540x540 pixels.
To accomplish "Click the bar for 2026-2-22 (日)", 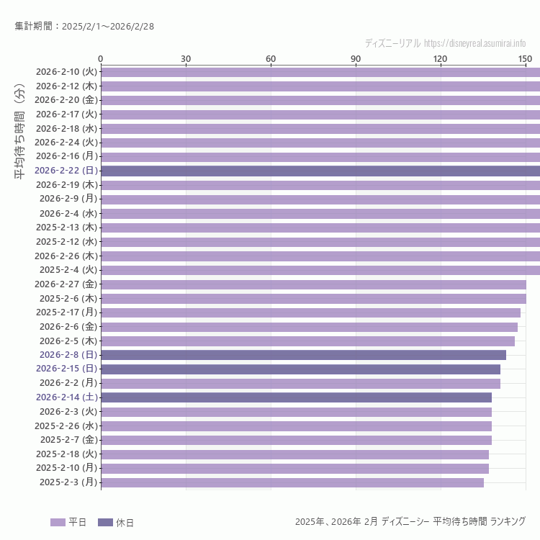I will coord(320,171).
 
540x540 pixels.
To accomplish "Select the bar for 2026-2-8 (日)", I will coord(303,354).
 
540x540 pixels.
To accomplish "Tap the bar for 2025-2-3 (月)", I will coord(292,482).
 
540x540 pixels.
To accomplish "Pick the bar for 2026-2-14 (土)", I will coord(296,397).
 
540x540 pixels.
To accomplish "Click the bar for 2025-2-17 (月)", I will coord(310,312).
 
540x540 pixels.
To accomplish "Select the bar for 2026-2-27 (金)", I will coord(313,284).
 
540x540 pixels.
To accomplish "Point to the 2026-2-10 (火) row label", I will coord(66,72).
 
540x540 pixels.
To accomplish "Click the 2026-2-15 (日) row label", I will coord(66,369).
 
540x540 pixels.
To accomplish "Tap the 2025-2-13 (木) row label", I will coord(66,228).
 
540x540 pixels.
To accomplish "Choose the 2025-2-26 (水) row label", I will coord(66,426).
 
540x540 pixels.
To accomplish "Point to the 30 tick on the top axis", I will coord(186,58).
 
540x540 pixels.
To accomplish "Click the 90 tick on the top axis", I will coord(356,58).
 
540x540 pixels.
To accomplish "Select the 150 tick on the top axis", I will coord(526,58).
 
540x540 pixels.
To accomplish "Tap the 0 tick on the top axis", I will coord(101,58).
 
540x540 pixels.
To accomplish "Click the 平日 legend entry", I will coord(68,522).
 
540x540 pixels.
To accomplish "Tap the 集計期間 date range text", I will coord(84,27).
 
